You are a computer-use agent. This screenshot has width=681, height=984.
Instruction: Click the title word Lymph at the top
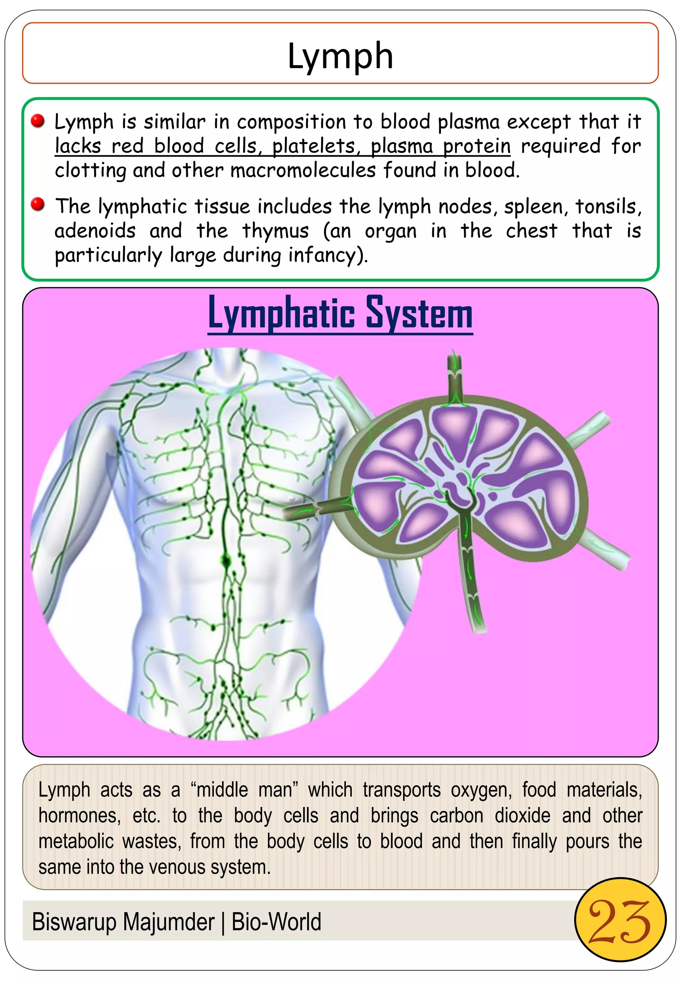[340, 56]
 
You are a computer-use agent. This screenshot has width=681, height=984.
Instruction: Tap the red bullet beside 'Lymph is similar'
[38, 121]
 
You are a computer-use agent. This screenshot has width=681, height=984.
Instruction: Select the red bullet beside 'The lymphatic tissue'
[38, 205]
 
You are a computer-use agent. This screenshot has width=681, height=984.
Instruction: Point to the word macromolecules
[303, 170]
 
